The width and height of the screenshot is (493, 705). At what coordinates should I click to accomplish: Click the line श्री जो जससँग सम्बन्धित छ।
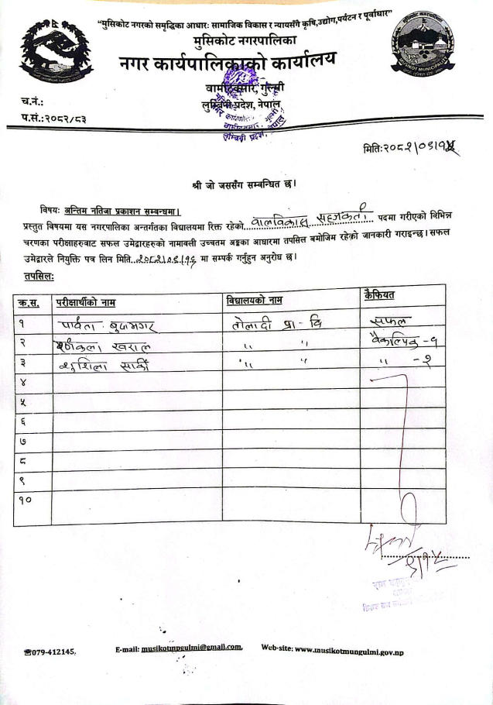[x=245, y=185]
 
